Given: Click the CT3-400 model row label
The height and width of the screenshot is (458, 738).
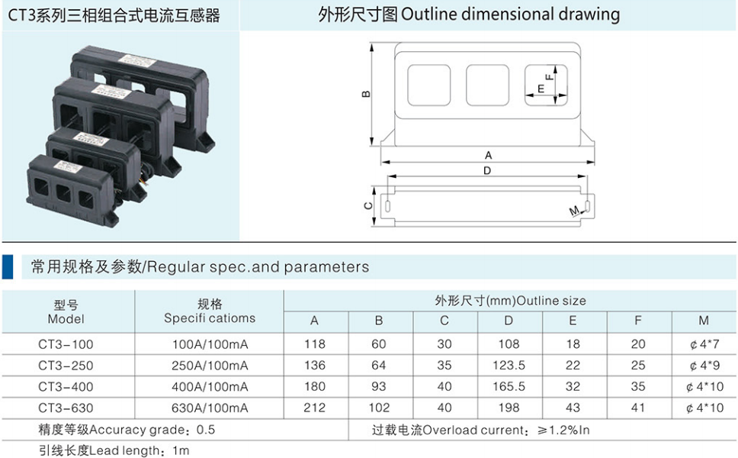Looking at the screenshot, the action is (66, 387).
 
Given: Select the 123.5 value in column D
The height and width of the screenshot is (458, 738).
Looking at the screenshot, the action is (509, 366).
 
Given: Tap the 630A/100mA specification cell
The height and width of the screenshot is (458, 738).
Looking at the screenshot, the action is (210, 408).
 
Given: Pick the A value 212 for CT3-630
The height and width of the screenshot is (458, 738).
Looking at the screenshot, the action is (314, 408).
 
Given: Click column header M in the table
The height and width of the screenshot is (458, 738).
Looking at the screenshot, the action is (704, 321).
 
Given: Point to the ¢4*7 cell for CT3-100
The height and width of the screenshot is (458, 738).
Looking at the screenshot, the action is (704, 344).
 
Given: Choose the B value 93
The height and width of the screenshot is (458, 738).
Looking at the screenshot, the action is (379, 387).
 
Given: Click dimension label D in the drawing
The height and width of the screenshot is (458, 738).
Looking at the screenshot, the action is (487, 170).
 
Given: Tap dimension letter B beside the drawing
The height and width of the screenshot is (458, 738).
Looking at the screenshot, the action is (366, 94).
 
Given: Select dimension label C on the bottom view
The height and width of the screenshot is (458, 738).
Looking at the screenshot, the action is (368, 206).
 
